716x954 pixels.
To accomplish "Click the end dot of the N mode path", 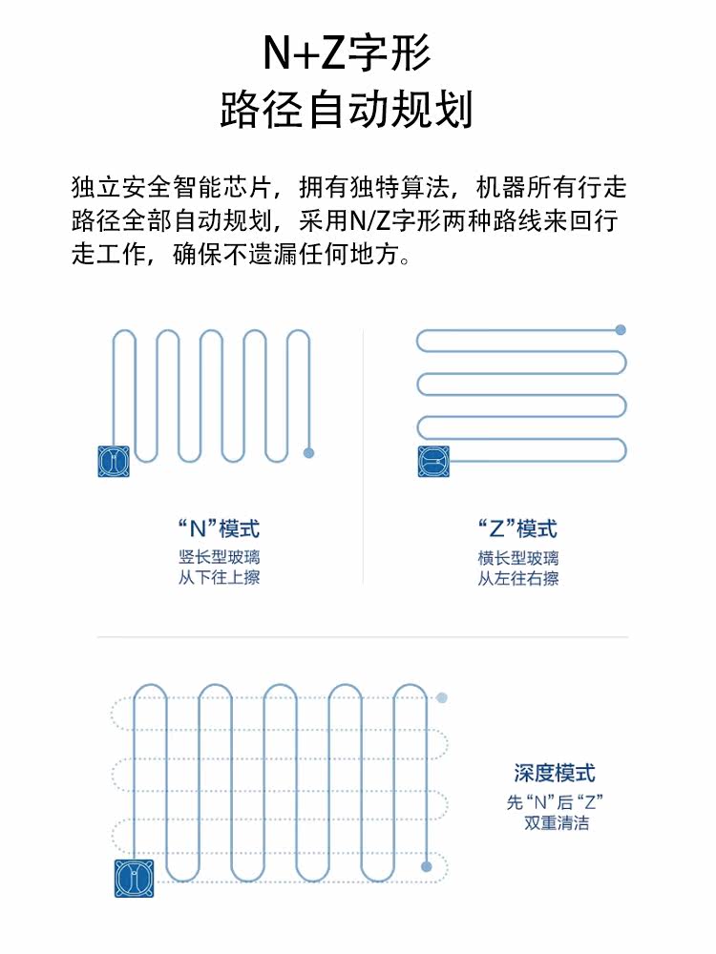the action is tap(308, 452).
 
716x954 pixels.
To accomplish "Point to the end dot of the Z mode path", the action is tap(621, 330).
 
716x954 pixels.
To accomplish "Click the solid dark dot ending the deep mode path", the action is tap(427, 866).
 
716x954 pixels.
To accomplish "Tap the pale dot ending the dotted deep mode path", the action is tap(442, 698).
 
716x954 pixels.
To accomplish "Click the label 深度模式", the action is tap(555, 773).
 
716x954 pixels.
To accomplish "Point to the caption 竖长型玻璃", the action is tap(219, 557).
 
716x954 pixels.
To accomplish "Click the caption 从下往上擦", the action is tap(219, 577).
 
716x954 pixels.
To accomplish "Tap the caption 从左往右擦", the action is tap(517, 578).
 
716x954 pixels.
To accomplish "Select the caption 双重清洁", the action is tap(556, 822).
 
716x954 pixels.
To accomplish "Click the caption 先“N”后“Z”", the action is tap(556, 801).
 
